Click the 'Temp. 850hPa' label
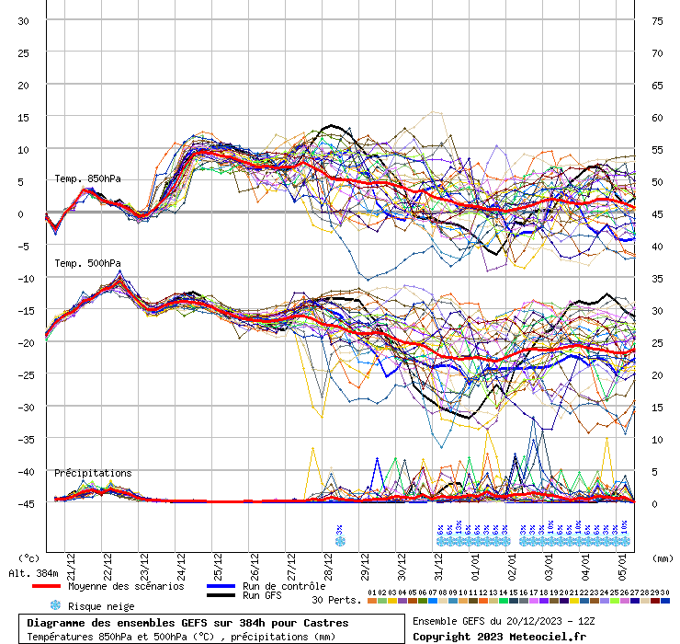click(x=86, y=178)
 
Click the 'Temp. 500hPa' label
click(x=86, y=264)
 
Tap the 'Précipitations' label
click(x=92, y=473)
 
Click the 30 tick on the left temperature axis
click(x=23, y=20)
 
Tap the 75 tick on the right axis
click(x=657, y=20)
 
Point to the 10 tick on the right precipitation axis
click(x=657, y=439)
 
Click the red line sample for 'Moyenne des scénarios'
click(x=47, y=586)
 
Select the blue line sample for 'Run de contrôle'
click(x=221, y=586)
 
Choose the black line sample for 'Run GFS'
click(x=221, y=596)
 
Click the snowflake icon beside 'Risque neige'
click(x=55, y=606)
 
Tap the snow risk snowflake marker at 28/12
click(x=340, y=541)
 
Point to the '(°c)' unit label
click(x=29, y=558)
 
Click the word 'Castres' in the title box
click(x=327, y=623)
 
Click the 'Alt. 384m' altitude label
click(x=33, y=573)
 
